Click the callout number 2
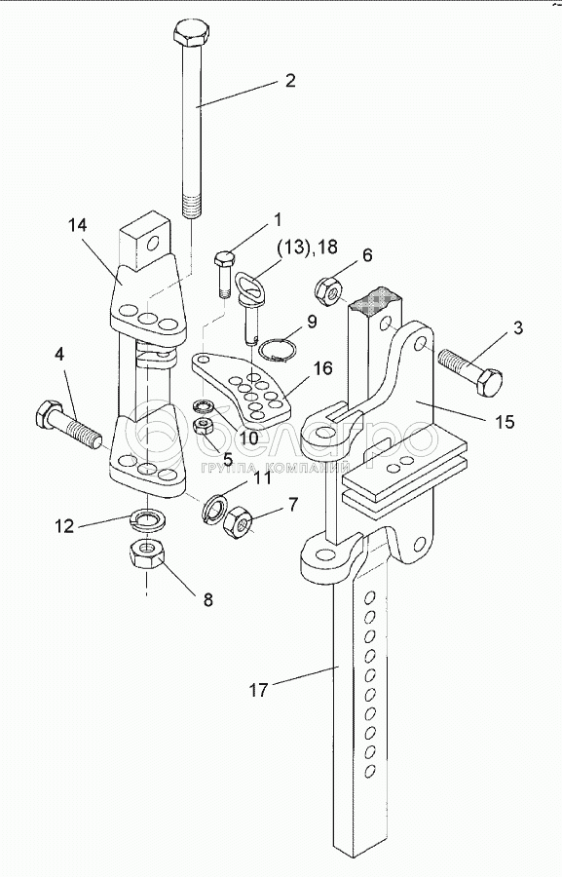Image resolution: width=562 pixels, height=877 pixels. (x=289, y=81)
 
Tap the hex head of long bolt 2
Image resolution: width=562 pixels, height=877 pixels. (x=191, y=35)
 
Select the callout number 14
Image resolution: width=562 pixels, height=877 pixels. (x=78, y=226)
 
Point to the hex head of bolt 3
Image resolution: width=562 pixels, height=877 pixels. (x=487, y=383)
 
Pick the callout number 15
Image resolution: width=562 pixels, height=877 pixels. (x=505, y=421)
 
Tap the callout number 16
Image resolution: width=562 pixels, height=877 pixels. (x=322, y=368)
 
